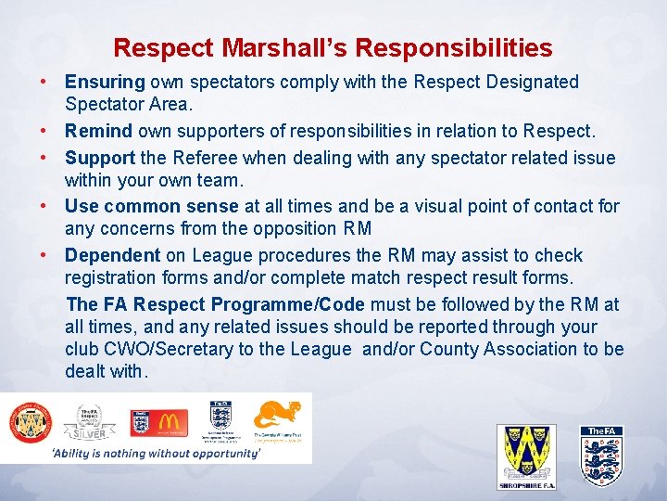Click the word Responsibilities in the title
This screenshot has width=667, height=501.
(x=453, y=48)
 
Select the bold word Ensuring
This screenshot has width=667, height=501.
(x=105, y=83)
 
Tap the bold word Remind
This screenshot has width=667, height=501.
(x=98, y=132)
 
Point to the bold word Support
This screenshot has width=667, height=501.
(x=100, y=158)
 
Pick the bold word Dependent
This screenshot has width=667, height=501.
(x=112, y=255)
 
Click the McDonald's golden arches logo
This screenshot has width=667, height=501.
(x=170, y=422)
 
